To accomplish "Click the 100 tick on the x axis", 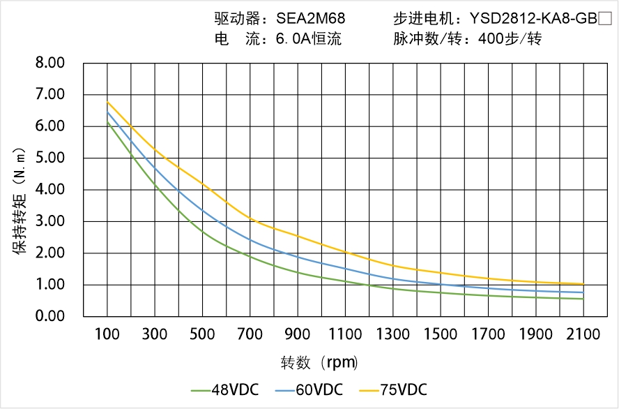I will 107,334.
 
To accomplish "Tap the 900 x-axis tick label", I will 298,334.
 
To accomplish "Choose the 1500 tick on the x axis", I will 441,334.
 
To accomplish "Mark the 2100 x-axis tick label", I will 583,334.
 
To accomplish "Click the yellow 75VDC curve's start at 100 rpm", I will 107,102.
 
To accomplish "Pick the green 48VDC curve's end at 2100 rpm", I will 583,299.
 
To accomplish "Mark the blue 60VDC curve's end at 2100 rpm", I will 583,292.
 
